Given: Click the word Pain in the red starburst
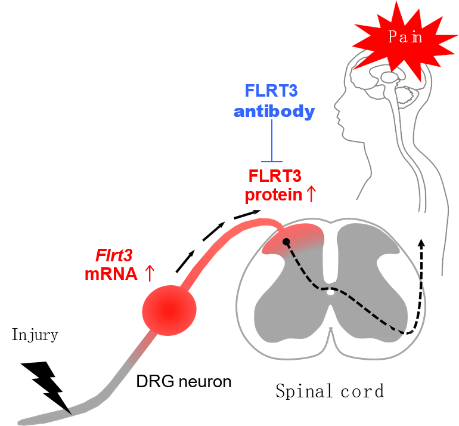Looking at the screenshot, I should (405, 37).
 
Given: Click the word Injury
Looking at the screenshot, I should (35, 335).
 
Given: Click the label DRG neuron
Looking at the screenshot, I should (183, 381).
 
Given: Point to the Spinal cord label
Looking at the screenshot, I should (329, 391).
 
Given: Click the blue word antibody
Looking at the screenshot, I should (274, 112).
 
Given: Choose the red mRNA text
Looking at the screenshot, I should (110, 274).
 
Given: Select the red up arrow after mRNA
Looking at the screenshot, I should (150, 273).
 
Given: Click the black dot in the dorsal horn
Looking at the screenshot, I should (286, 242).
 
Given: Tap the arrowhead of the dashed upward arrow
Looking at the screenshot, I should (421, 242).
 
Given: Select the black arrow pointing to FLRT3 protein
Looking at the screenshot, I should (246, 213).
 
